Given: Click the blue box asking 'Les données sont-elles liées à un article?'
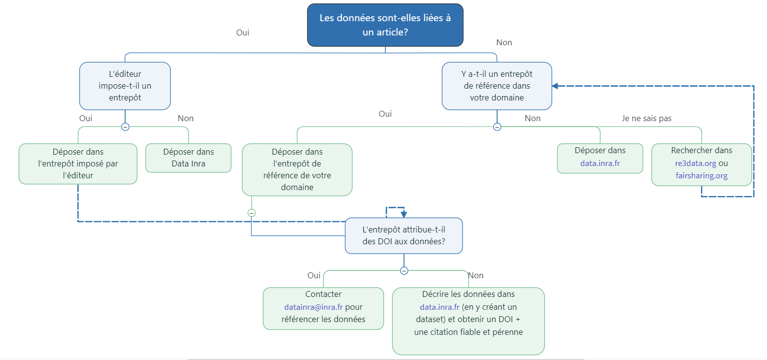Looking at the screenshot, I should (x=385, y=25).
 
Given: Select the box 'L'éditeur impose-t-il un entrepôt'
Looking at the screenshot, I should (x=125, y=86).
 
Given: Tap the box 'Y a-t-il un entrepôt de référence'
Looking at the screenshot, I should (x=497, y=86).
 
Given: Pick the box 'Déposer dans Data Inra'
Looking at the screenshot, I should (x=189, y=158).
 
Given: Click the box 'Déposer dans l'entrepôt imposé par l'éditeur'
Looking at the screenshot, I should (x=78, y=164).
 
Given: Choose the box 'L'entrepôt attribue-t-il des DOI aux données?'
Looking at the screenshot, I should (x=404, y=235).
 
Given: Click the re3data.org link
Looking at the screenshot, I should (x=696, y=163).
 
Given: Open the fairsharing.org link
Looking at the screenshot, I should (x=702, y=175).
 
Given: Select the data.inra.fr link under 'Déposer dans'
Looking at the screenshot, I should (x=600, y=163).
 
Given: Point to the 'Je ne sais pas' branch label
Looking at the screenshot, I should (x=647, y=118).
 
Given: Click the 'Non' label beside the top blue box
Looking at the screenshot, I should (x=504, y=42).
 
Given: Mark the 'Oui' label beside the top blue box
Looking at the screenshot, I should (x=243, y=33).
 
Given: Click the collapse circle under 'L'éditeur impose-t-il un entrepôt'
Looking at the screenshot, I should (x=125, y=127).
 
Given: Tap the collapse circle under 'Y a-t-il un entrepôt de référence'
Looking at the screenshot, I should (x=497, y=127).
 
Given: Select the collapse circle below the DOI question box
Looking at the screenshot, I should (x=404, y=270).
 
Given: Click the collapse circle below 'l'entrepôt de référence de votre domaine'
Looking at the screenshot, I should (x=252, y=213).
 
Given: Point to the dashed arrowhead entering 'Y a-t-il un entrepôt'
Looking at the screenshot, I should (x=555, y=86).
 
